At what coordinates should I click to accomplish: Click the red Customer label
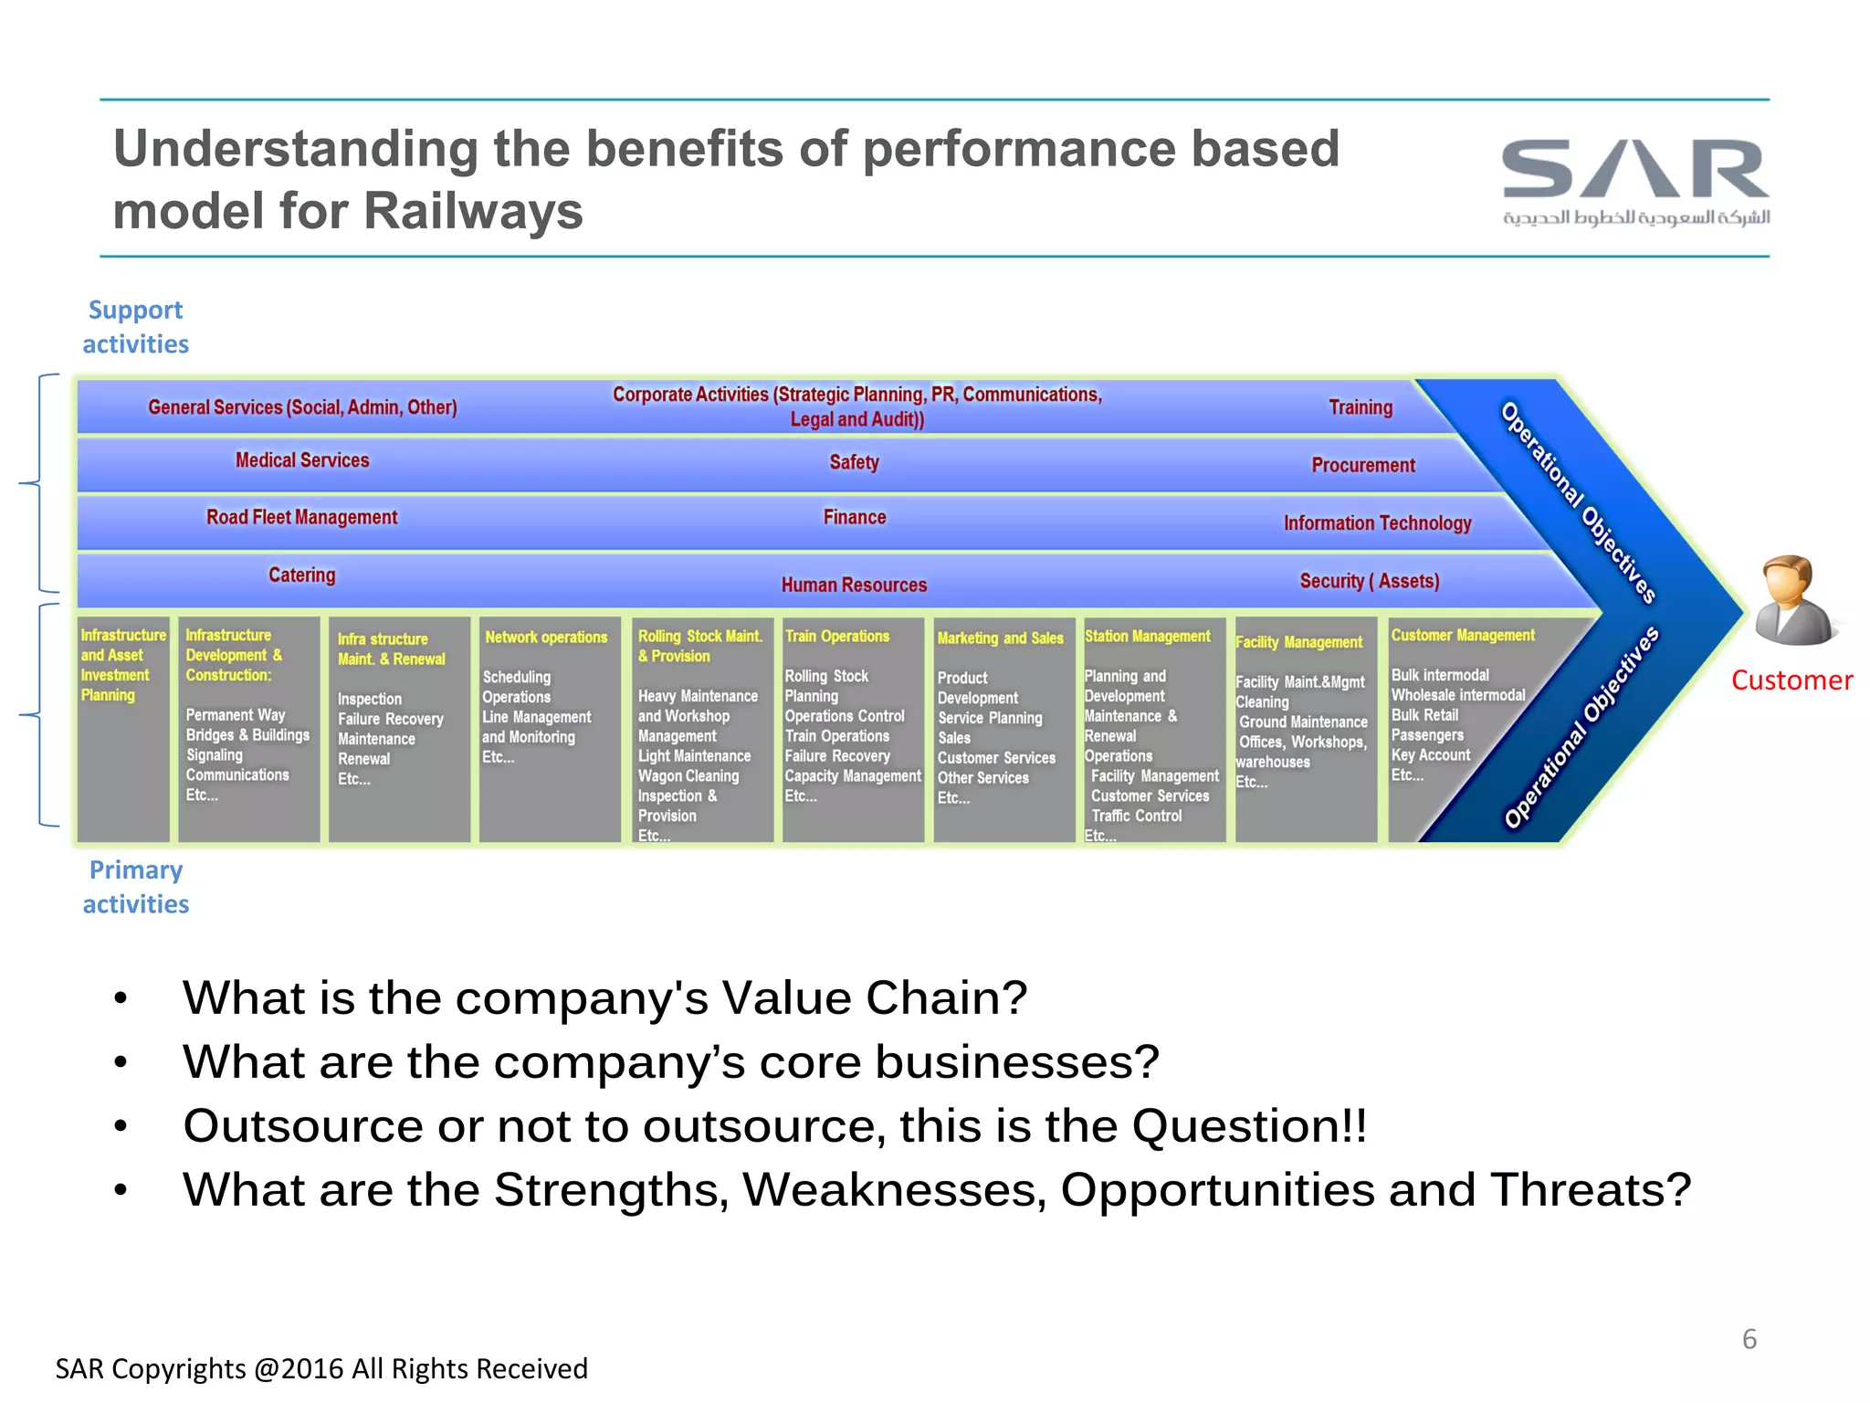[x=1791, y=680]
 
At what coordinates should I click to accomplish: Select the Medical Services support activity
[x=302, y=460]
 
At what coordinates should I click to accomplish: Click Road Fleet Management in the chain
[x=301, y=517]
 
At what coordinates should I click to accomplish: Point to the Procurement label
[x=1362, y=465]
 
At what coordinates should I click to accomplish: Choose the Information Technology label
[x=1377, y=522]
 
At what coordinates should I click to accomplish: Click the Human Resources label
[x=854, y=585]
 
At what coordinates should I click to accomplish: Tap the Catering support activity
[x=301, y=575]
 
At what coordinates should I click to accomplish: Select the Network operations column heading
[x=546, y=637]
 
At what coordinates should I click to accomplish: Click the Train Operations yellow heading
[x=837, y=636]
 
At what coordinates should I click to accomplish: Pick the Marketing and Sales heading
[x=1000, y=638]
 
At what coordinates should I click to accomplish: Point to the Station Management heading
[x=1147, y=636]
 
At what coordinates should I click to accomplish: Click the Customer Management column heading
[x=1463, y=635]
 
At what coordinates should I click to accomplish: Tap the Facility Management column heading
[x=1298, y=642]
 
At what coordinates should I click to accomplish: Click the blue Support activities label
[x=135, y=327]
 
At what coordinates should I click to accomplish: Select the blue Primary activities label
[x=135, y=887]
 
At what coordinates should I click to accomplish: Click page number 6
[x=1749, y=1339]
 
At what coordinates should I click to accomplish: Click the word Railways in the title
[x=473, y=212]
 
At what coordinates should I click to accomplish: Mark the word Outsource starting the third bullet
[x=301, y=1126]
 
